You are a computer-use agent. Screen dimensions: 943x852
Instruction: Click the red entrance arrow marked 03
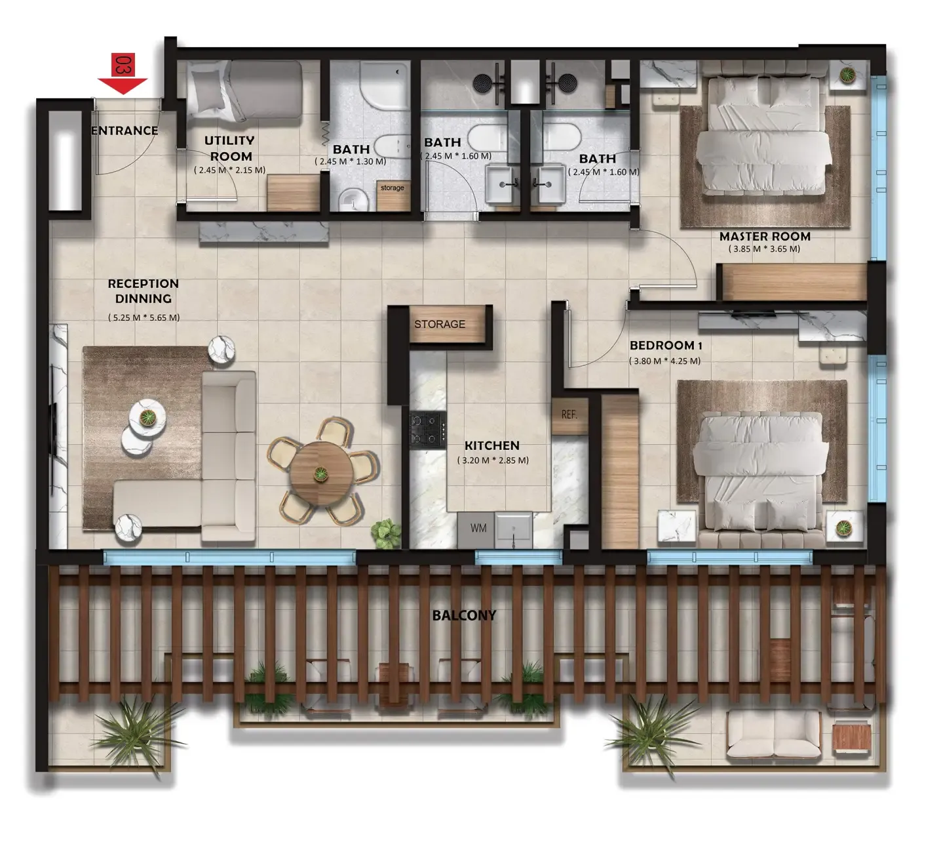coord(123,73)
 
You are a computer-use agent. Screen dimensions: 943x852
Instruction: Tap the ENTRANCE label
coord(125,131)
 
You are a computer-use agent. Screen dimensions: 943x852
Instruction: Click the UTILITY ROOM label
coord(231,148)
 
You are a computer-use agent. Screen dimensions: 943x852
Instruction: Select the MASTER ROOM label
coord(765,236)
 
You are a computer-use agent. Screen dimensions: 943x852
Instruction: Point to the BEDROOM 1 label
coord(666,346)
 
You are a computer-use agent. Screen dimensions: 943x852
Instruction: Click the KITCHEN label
coord(492,445)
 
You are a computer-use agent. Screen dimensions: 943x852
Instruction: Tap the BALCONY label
coord(464,615)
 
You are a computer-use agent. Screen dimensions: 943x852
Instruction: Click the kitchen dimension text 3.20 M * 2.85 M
coord(493,460)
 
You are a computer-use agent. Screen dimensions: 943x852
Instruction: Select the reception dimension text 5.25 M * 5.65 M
coord(144,317)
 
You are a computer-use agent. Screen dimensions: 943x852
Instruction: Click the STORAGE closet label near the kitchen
coord(440,324)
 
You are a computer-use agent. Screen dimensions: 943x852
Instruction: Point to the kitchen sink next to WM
coord(514,529)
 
